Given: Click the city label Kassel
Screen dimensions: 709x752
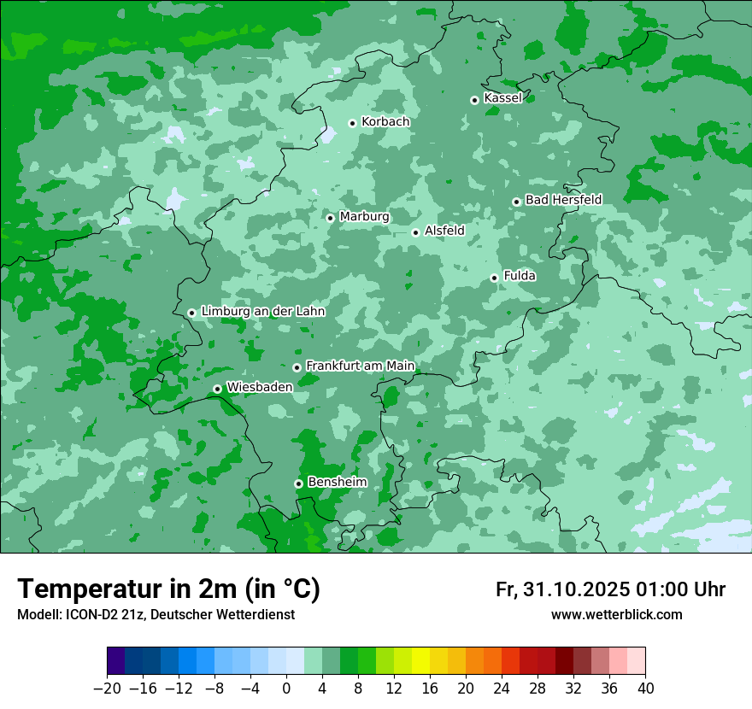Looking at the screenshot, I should coord(502,98).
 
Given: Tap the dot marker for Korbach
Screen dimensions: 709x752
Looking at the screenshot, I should coord(352,123).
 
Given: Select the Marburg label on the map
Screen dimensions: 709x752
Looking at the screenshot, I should coord(364,217).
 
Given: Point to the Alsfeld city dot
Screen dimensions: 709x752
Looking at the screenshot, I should coord(415,232).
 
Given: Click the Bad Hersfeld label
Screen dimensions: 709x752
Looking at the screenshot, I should coord(563,200).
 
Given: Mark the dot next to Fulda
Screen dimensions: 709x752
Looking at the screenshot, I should coord(494,278).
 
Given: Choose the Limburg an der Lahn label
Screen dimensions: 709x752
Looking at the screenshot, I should coord(262,312).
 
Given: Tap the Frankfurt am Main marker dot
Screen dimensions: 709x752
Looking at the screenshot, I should coord(297,367).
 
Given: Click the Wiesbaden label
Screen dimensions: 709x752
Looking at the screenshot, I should coord(259,387).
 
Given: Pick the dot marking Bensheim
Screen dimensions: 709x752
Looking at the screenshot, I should coord(298,483).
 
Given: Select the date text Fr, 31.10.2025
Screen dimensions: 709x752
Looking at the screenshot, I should coord(562,589).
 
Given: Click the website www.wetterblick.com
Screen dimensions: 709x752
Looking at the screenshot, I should coord(616,615).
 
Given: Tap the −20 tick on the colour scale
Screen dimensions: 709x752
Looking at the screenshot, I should coord(107,688).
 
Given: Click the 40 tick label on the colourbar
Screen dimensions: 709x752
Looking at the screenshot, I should coord(645,688).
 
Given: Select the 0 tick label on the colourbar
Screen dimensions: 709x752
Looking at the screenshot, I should coord(286,688).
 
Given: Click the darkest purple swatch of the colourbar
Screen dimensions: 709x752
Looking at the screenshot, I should coord(116,661).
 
